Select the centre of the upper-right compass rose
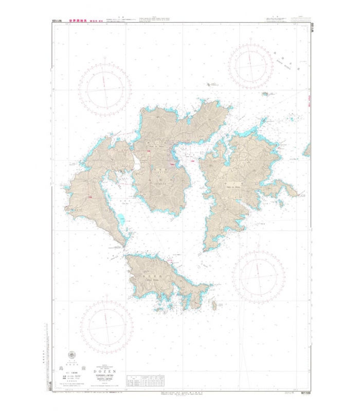point(254,66)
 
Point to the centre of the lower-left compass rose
point(106,326)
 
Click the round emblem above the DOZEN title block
point(70,356)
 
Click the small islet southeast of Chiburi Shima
point(214,306)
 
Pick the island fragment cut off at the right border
point(307,150)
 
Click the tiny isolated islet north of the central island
point(209,85)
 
